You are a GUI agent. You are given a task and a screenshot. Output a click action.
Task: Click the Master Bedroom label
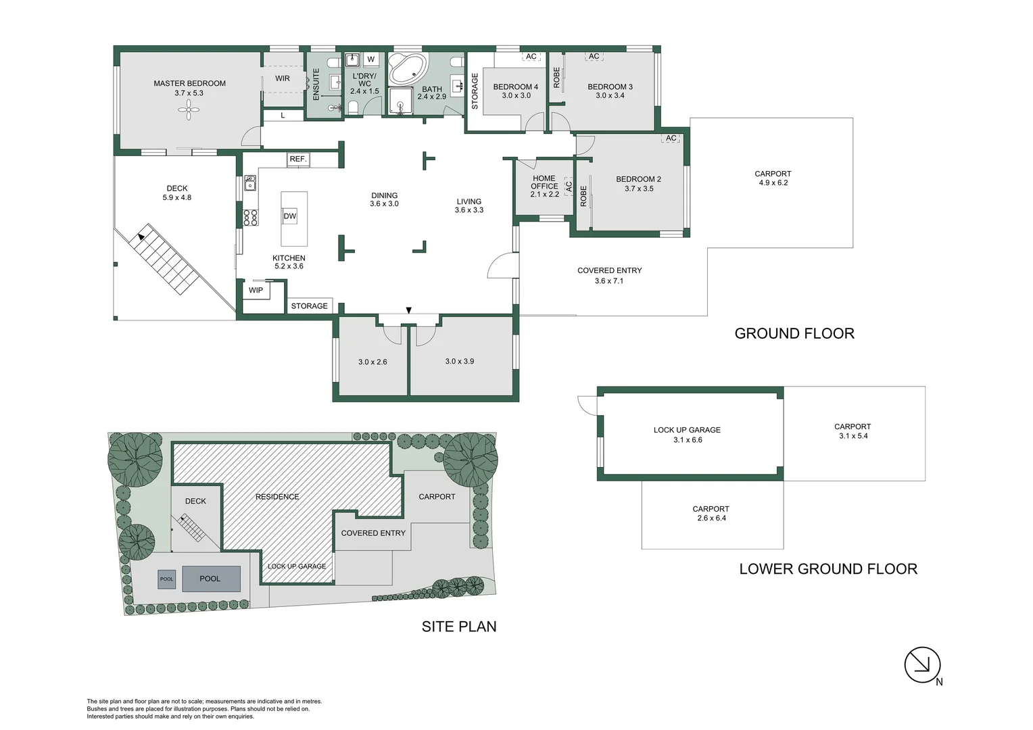tap(189, 84)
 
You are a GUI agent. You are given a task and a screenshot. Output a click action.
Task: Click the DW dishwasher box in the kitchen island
tap(289, 216)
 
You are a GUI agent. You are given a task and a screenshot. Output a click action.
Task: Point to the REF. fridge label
tap(298, 160)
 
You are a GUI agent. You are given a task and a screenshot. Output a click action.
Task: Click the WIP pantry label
tap(256, 291)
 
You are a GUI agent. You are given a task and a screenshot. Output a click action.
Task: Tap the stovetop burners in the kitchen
tap(250, 217)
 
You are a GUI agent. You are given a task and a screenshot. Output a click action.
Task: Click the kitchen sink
tap(250, 182)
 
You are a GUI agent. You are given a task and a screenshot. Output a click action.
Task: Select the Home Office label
tap(544, 182)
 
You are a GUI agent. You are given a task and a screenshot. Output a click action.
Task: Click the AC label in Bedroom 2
tap(671, 139)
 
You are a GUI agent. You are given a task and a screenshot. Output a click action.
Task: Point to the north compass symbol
tap(923, 665)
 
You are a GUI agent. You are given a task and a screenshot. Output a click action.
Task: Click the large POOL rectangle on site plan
tap(210, 579)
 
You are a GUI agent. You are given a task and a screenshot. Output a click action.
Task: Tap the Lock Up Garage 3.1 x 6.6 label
tap(687, 435)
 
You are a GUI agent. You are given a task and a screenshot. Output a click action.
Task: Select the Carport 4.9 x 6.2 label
tap(773, 178)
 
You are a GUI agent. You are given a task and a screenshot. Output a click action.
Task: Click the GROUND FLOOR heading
tap(794, 333)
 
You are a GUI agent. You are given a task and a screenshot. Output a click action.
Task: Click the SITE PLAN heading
tap(459, 627)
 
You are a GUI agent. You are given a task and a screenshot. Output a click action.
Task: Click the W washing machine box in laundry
tap(370, 59)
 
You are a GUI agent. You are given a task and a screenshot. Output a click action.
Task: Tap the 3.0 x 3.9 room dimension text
tap(460, 362)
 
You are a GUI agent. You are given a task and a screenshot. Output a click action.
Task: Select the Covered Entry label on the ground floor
tap(609, 271)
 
